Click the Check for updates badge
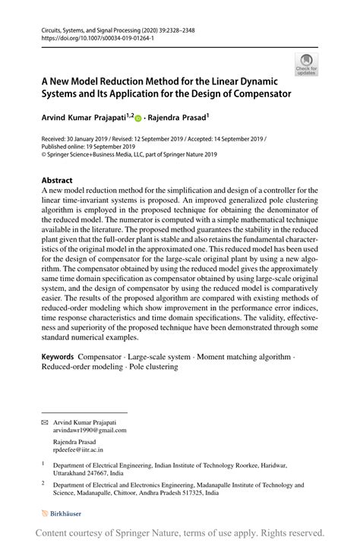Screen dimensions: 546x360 (308, 65)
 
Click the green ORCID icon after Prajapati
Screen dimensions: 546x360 (138, 118)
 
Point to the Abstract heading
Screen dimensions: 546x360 (58, 181)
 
